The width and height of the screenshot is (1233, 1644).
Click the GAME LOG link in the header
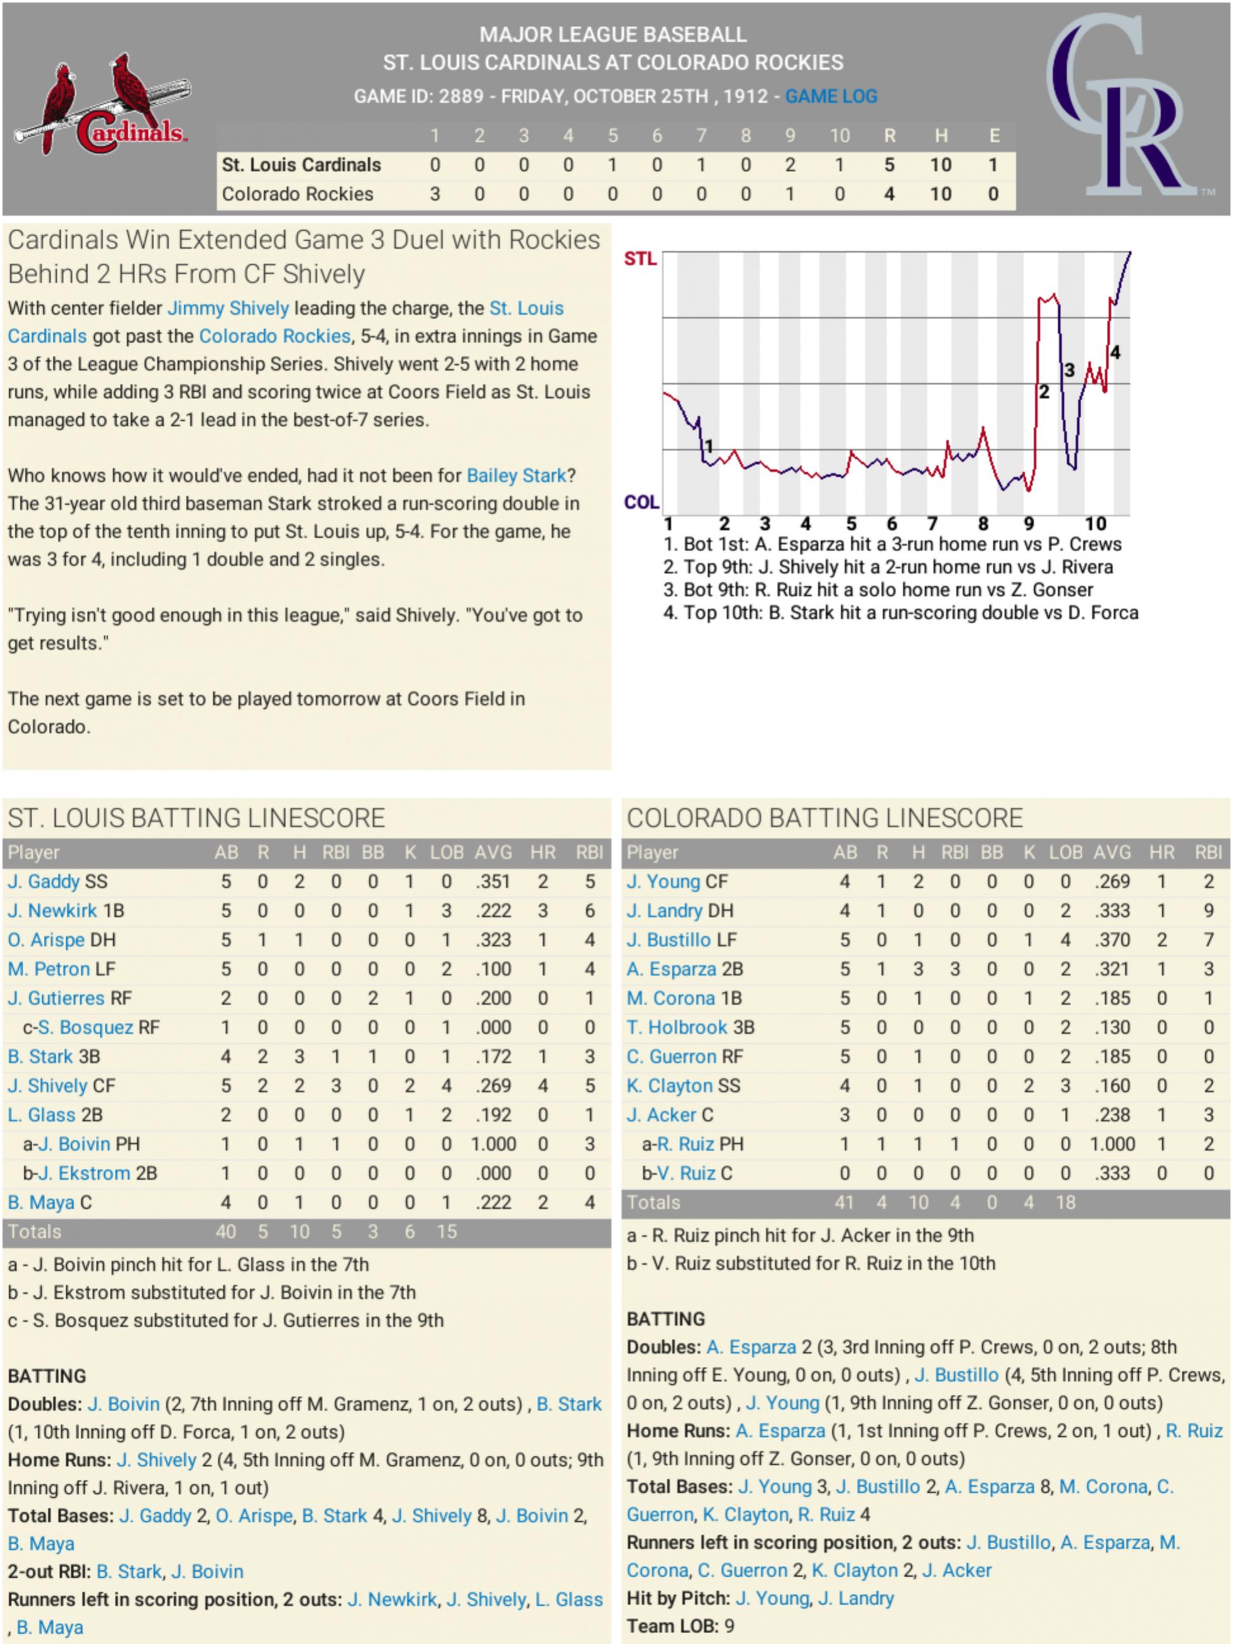pyautogui.click(x=831, y=96)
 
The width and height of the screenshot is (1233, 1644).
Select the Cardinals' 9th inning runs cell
pyautogui.click(x=790, y=165)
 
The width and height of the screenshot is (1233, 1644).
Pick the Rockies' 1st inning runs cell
pyautogui.click(x=435, y=194)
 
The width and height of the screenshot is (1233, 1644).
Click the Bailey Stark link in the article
pyautogui.click(x=516, y=476)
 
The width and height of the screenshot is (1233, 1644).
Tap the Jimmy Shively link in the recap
pyautogui.click(x=228, y=308)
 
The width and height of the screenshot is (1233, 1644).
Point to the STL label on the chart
pyautogui.click(x=640, y=259)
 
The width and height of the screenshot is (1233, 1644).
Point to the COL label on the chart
pyautogui.click(x=642, y=503)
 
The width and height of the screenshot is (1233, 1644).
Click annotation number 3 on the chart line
pyautogui.click(x=1069, y=370)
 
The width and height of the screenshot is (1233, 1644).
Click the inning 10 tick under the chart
pyautogui.click(x=1095, y=524)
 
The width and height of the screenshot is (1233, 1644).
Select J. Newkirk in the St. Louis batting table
pyautogui.click(x=53, y=911)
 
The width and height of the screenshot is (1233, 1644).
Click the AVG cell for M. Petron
pyautogui.click(x=492, y=969)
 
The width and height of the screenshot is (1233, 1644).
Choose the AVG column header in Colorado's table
pyautogui.click(x=1112, y=853)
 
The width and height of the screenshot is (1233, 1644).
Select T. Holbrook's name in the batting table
pyautogui.click(x=676, y=1027)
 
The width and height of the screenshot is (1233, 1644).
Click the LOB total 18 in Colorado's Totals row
pyautogui.click(x=1065, y=1202)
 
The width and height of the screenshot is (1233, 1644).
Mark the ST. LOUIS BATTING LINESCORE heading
pyautogui.click(x=196, y=819)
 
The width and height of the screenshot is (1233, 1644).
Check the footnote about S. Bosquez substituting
pyautogui.click(x=225, y=1320)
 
